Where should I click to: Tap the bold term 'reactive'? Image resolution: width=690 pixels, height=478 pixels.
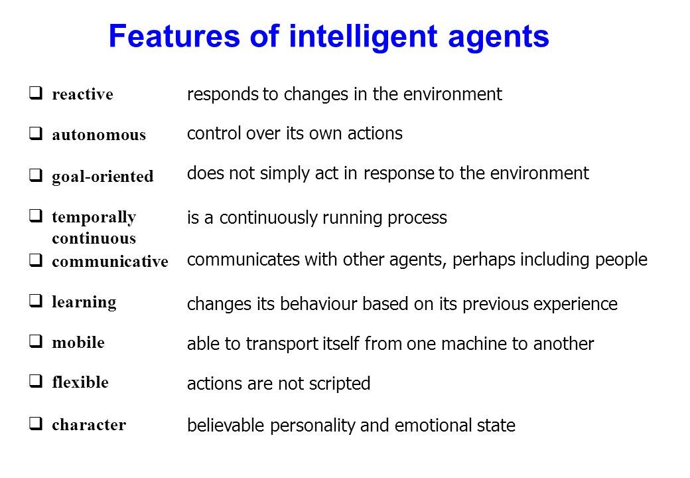pyautogui.click(x=83, y=94)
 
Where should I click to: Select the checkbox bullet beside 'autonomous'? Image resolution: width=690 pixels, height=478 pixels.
pyautogui.click(x=36, y=133)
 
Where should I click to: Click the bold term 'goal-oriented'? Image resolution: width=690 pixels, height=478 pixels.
pyautogui.click(x=103, y=177)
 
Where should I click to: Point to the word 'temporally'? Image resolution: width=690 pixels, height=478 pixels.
pyautogui.click(x=94, y=217)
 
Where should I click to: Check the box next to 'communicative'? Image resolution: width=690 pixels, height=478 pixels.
pyautogui.click(x=36, y=260)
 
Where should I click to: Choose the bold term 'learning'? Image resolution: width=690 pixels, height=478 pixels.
pyautogui.click(x=84, y=302)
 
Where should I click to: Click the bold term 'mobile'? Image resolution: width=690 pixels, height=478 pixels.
pyautogui.click(x=78, y=342)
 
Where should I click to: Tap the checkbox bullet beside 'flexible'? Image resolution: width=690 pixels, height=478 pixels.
pyautogui.click(x=36, y=380)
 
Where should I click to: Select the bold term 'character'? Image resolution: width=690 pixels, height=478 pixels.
pyautogui.click(x=89, y=425)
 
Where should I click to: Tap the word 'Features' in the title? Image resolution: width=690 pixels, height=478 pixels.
pyautogui.click(x=174, y=36)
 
